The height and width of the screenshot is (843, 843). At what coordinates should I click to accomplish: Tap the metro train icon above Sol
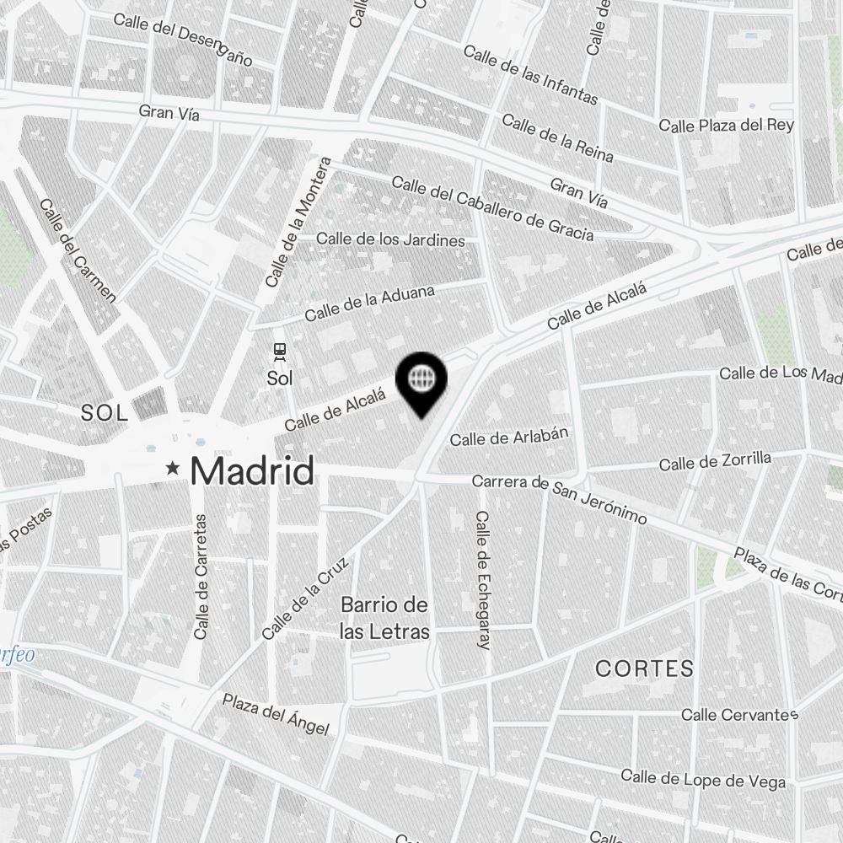(x=279, y=351)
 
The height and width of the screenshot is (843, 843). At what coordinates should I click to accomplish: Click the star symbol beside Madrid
(x=174, y=468)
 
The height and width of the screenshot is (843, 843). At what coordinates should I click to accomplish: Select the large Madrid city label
(x=252, y=470)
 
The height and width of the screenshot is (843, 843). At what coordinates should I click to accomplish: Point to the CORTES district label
(x=645, y=669)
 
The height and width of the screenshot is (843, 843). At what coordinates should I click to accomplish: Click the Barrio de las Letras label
(x=384, y=619)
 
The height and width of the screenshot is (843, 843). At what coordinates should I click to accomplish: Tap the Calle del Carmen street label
(x=78, y=250)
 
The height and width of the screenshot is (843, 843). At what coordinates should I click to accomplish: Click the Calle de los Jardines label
(x=390, y=239)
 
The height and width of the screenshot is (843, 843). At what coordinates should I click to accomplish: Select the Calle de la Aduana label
(x=370, y=303)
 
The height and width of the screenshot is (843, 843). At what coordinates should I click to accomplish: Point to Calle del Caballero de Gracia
(x=492, y=208)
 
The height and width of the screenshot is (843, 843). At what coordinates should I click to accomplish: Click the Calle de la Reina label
(x=557, y=138)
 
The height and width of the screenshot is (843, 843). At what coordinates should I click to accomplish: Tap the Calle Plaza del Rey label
(x=726, y=126)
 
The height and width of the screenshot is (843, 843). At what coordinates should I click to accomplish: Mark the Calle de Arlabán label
(x=510, y=437)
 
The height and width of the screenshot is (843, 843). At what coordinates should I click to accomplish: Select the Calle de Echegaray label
(x=483, y=580)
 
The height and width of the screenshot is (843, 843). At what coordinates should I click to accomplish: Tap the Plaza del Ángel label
(x=275, y=714)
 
